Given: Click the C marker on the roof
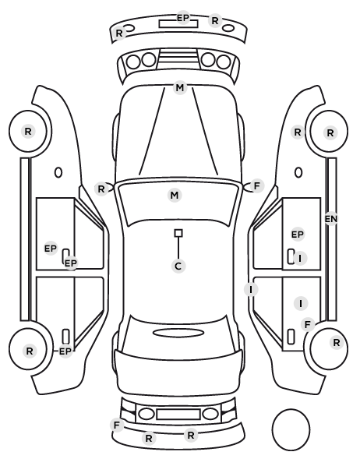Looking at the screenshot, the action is click(x=178, y=266).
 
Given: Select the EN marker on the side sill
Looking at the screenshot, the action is click(x=331, y=219).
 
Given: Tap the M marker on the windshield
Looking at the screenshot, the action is click(x=175, y=196).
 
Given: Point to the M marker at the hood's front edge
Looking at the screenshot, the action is click(x=180, y=88).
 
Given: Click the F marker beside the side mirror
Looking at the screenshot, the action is click(x=257, y=186).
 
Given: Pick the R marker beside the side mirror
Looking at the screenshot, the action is click(x=101, y=189).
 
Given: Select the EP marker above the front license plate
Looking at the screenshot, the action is click(x=183, y=18).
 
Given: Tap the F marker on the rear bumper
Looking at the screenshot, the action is click(x=117, y=425).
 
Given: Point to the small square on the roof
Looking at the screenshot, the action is click(x=178, y=233).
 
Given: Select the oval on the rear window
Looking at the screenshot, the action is click(x=178, y=333).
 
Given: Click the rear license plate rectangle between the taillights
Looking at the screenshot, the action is click(x=178, y=414).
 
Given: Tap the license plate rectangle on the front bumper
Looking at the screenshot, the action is click(x=178, y=24).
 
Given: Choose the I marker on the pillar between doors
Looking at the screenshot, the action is click(x=251, y=289).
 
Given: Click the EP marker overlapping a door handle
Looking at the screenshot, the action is click(x=71, y=263).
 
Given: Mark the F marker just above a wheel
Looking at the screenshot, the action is click(x=308, y=324).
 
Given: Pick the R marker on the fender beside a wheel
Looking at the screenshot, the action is click(x=298, y=132).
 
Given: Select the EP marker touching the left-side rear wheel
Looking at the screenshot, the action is click(x=65, y=351).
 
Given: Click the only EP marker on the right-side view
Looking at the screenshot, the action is click(x=298, y=235).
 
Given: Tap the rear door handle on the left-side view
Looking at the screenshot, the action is click(x=65, y=337).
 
